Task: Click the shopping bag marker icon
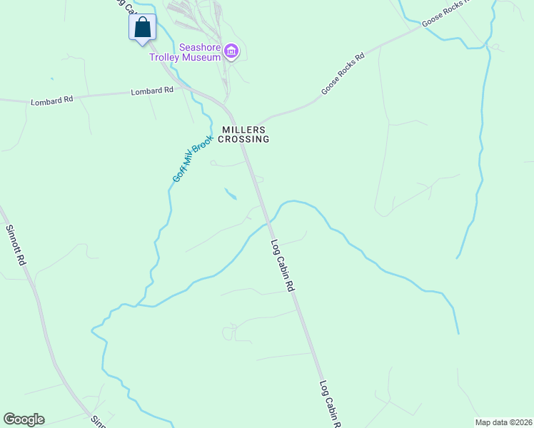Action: [x=143, y=28]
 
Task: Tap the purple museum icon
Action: [x=231, y=51]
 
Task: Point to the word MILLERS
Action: [x=243, y=130]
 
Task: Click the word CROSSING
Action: [x=243, y=140]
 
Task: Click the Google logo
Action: [x=24, y=419]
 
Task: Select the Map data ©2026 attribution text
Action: [x=503, y=422]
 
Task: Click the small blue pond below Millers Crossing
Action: [x=231, y=193]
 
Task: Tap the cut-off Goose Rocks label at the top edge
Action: [x=448, y=13]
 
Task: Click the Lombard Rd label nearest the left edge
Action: [x=52, y=101]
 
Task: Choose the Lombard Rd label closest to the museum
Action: [x=152, y=91]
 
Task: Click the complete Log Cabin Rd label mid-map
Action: [x=283, y=265]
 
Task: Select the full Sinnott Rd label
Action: [x=16, y=246]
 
